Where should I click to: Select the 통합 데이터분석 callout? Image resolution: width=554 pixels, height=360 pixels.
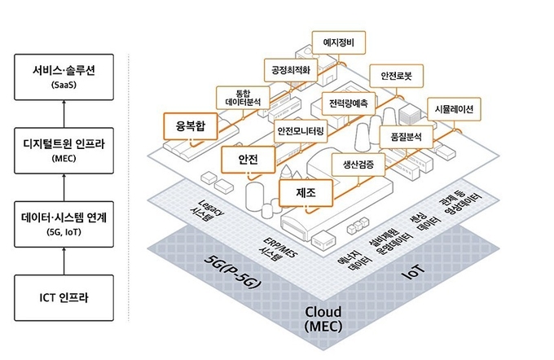tap(242, 98)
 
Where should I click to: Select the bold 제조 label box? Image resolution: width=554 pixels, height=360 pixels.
tap(300, 192)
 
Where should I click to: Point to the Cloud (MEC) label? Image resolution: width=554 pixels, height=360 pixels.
tap(326, 319)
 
